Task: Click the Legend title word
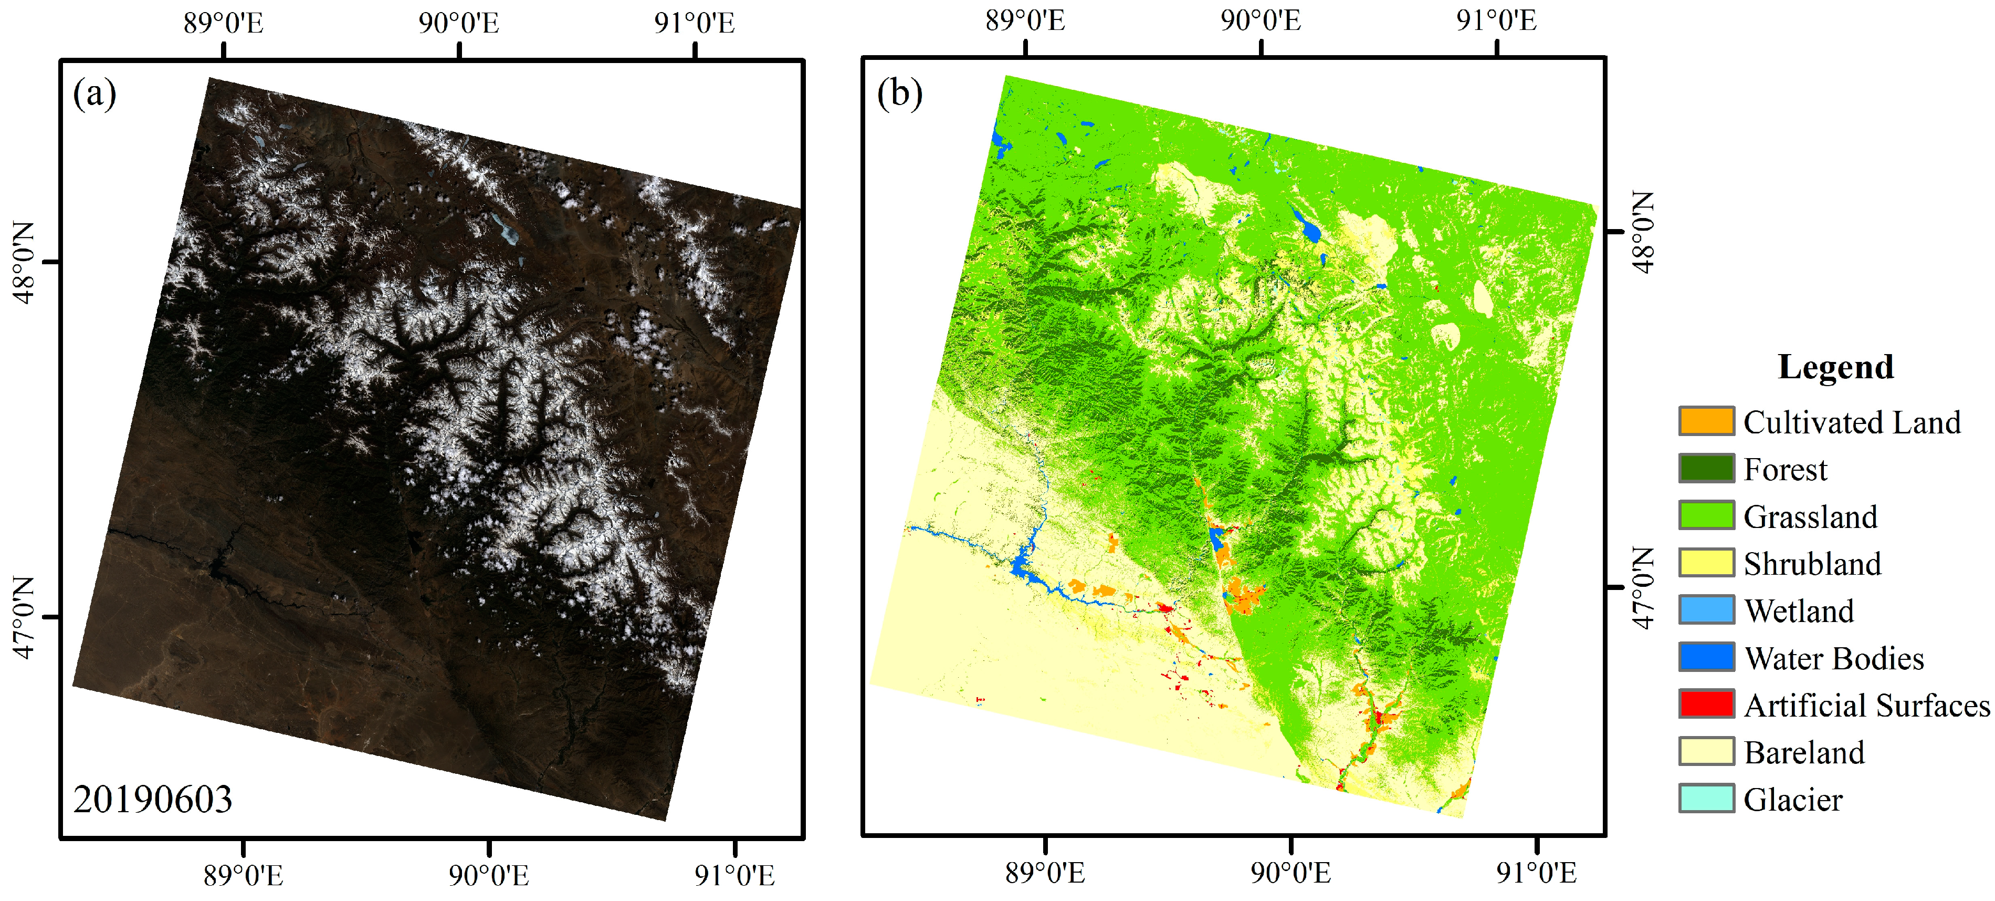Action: click(1835, 367)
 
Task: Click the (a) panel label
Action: click(94, 95)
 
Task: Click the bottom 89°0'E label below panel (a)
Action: click(243, 875)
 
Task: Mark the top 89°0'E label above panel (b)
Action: click(1025, 21)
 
